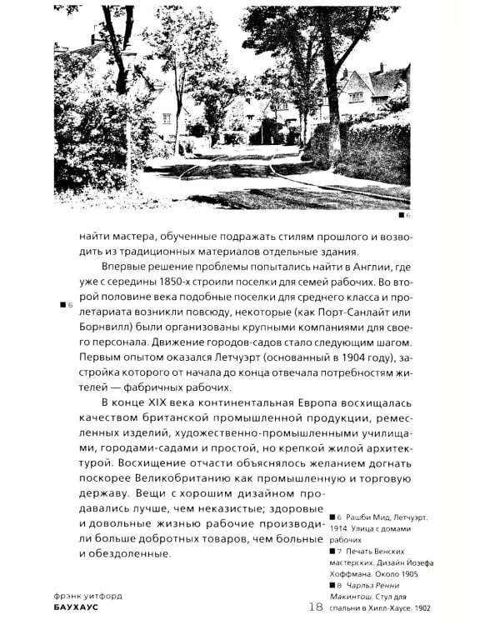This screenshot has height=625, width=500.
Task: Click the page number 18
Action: [x=316, y=606]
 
